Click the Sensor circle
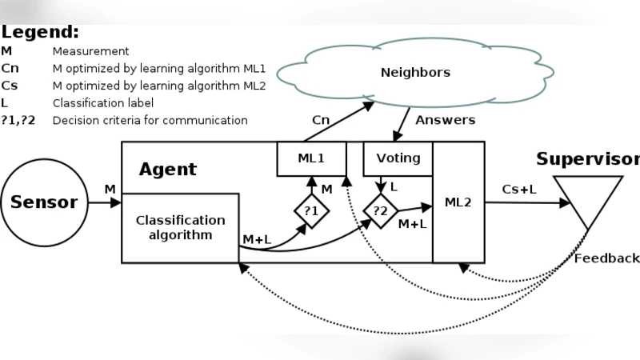point(44,202)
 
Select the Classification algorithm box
point(180,227)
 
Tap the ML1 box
point(311,158)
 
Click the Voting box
point(398,158)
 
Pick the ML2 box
point(458,202)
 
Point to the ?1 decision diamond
point(311,211)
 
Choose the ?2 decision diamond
point(381,211)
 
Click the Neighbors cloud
point(414,73)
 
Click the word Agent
point(167,170)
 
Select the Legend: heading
point(40,32)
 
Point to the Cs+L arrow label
point(520,190)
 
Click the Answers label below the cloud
point(445,120)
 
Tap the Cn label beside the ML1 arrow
point(320,120)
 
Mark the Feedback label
point(607,258)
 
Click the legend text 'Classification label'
point(103,103)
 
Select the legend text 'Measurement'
point(90,51)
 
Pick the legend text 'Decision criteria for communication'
point(150,121)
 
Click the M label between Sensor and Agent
point(110,189)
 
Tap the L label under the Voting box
point(394,186)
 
